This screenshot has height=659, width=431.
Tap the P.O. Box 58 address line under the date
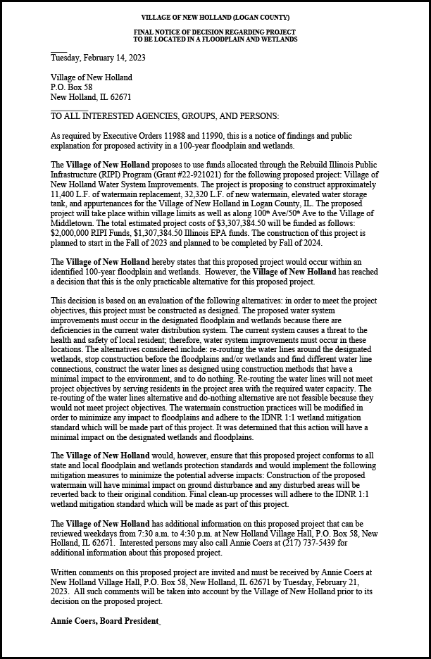tap(72, 87)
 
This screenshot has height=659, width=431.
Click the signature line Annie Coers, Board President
tap(106, 621)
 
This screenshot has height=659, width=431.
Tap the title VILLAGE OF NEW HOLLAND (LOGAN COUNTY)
tap(215, 17)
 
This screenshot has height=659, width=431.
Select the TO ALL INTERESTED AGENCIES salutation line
tap(165, 116)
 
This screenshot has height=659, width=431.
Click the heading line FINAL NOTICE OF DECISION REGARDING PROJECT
tap(215, 32)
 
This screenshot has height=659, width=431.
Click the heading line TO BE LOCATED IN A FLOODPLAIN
tap(215, 39)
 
